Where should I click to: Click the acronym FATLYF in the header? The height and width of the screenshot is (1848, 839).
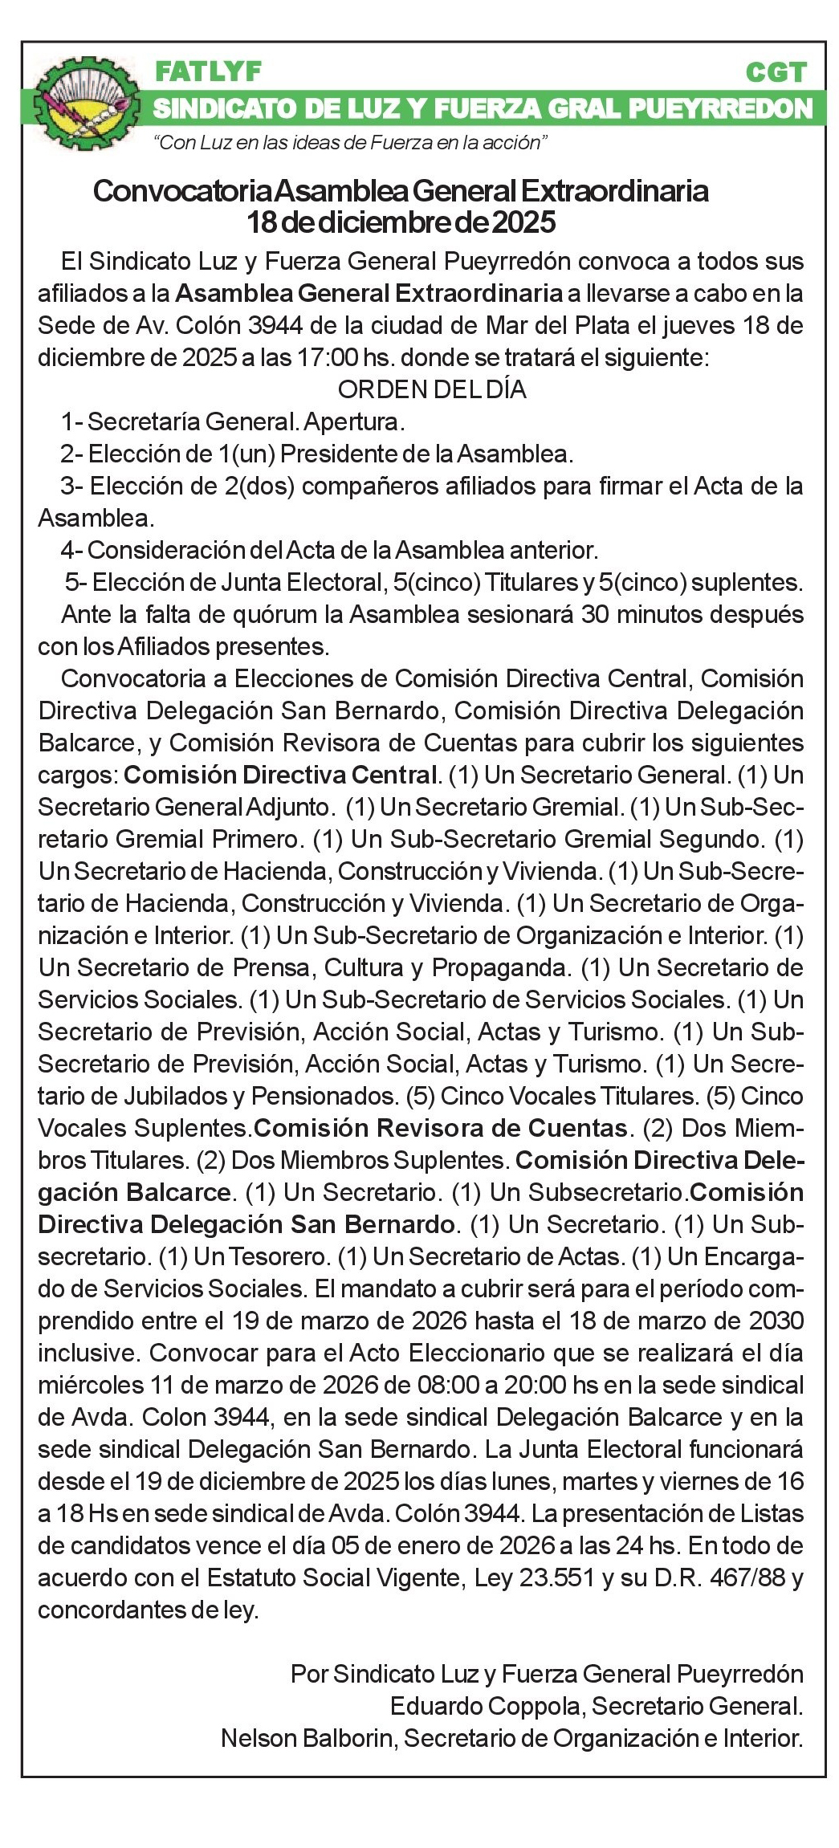pyautogui.click(x=208, y=72)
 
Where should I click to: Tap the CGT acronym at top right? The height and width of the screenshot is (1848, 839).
pyautogui.click(x=774, y=73)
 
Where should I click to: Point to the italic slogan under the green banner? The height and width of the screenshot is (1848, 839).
pyautogui.click(x=350, y=143)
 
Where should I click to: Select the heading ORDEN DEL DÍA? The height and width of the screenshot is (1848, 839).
pyautogui.click(x=432, y=389)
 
